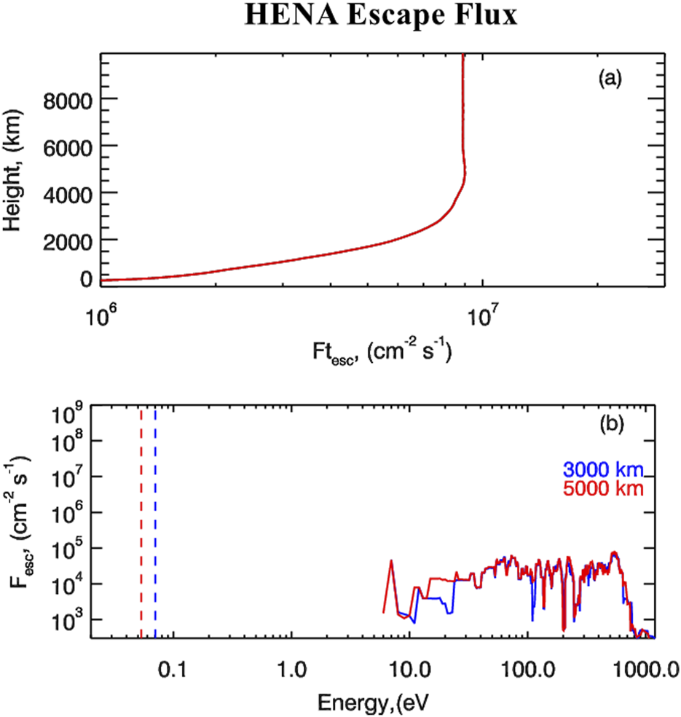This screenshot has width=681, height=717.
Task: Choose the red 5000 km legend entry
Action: point(602,486)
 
